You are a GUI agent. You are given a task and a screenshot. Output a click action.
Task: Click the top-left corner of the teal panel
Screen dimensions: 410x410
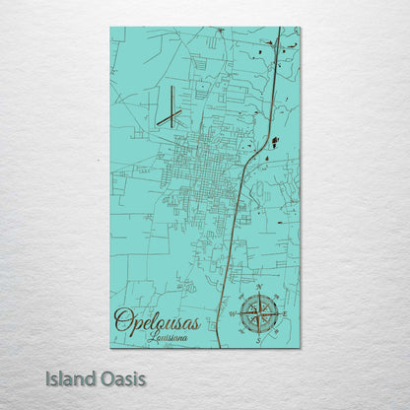[x=110, y=28]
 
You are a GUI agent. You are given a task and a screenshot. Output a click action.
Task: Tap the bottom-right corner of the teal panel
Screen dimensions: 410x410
[x=300, y=347]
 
